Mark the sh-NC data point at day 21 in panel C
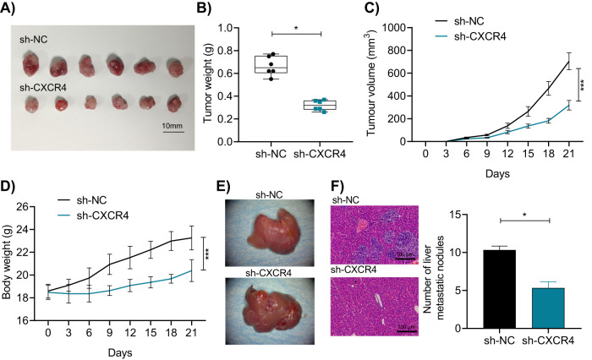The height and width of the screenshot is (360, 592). [568, 61]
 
